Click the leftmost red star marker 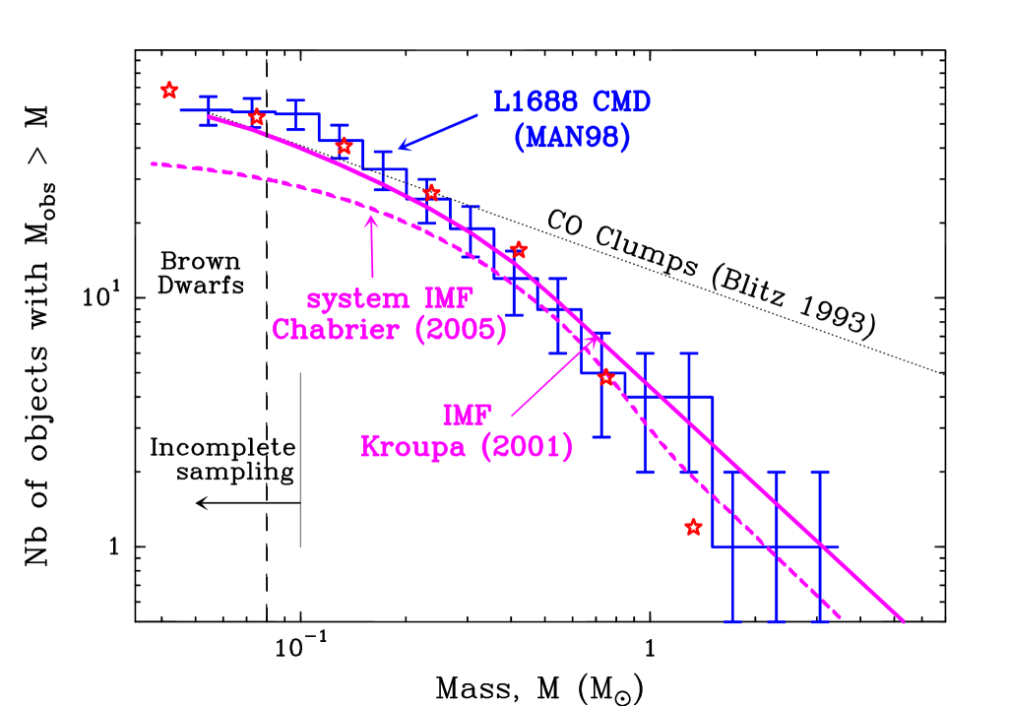pos(169,91)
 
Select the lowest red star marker pos(693,527)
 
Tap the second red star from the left pos(256,117)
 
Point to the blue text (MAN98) pos(572,138)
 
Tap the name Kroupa pos(416,447)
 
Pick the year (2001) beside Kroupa pos(527,447)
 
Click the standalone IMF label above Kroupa pos(467,415)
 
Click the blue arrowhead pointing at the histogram pos(402,148)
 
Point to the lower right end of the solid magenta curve pos(903,621)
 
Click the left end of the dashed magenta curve pos(153,163)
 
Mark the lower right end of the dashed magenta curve pos(840,618)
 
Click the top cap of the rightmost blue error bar pos(820,473)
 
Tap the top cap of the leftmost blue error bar pos(208,96)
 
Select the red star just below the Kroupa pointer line pos(606,377)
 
